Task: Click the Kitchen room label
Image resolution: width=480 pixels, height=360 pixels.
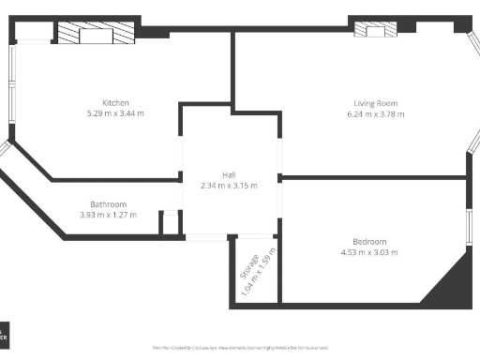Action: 116,102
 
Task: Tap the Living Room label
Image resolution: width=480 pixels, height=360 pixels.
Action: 376,103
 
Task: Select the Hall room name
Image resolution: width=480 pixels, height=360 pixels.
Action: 229,175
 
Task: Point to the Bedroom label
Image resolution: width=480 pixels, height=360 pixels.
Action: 369,242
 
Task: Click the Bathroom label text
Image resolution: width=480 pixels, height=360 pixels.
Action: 108,204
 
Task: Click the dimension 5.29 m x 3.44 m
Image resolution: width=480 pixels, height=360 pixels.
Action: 116,113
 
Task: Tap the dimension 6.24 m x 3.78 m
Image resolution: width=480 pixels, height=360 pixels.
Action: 376,114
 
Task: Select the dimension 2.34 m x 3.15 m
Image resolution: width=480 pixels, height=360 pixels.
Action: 229,186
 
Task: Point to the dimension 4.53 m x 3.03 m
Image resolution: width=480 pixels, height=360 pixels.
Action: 369,252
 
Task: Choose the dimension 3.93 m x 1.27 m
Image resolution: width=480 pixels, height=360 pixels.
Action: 108,215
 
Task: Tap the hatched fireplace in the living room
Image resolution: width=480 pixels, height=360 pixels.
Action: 375,29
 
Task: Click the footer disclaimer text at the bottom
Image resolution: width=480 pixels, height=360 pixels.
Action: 239,347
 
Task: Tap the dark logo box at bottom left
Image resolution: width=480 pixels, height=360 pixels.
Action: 5,334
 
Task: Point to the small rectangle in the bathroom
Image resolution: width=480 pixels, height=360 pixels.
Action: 170,222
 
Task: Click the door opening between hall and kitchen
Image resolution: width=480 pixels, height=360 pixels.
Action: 181,151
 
